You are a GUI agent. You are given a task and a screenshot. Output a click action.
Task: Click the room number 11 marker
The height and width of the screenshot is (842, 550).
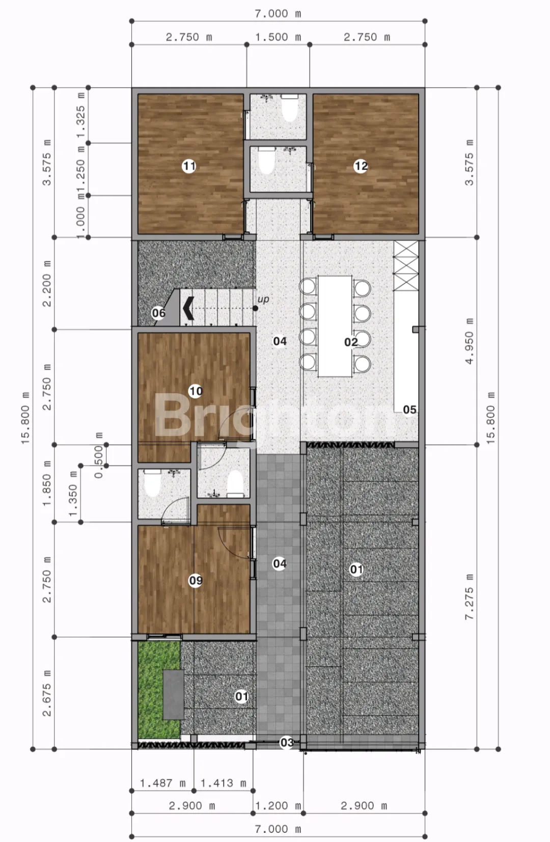[x=189, y=166]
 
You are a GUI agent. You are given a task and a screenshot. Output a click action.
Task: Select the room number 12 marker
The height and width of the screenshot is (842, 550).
[x=361, y=166]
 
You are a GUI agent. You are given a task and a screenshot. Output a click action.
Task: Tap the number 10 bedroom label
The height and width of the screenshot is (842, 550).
[x=196, y=391]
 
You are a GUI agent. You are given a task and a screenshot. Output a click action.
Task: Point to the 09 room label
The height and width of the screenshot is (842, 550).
[x=196, y=580]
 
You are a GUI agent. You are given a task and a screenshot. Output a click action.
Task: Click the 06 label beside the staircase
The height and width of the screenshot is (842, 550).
[x=158, y=313]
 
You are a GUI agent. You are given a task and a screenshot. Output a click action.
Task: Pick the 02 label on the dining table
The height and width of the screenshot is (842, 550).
[x=351, y=342]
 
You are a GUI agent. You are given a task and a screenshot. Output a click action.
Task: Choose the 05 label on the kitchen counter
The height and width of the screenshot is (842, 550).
[x=409, y=410]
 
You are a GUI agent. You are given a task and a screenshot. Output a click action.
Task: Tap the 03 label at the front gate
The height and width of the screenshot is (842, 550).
[x=287, y=742]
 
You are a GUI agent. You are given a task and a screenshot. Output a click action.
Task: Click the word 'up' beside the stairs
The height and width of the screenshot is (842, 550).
[x=263, y=299]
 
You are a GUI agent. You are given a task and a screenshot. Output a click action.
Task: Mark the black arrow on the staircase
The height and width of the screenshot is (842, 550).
[x=188, y=308]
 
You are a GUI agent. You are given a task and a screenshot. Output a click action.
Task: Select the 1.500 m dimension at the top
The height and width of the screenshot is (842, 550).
[x=278, y=37]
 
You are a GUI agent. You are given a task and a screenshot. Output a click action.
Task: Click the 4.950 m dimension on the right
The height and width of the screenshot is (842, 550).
[x=470, y=341]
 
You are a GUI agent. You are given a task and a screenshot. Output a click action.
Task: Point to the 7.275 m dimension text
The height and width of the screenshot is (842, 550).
[x=470, y=597]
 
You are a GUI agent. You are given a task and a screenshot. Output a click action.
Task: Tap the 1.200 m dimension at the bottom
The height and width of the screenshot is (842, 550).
[x=278, y=805]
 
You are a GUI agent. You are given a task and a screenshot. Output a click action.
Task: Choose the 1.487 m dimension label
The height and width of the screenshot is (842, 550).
[x=162, y=783]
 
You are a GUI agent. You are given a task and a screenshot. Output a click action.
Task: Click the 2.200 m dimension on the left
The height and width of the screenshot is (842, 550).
[x=46, y=284]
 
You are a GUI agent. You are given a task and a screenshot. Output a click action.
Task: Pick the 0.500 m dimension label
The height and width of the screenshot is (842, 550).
[x=98, y=455]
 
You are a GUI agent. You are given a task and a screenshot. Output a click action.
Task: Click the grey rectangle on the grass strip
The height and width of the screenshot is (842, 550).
[x=174, y=695]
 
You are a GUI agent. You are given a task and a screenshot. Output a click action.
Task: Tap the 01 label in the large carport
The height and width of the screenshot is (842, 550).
[x=356, y=569]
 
